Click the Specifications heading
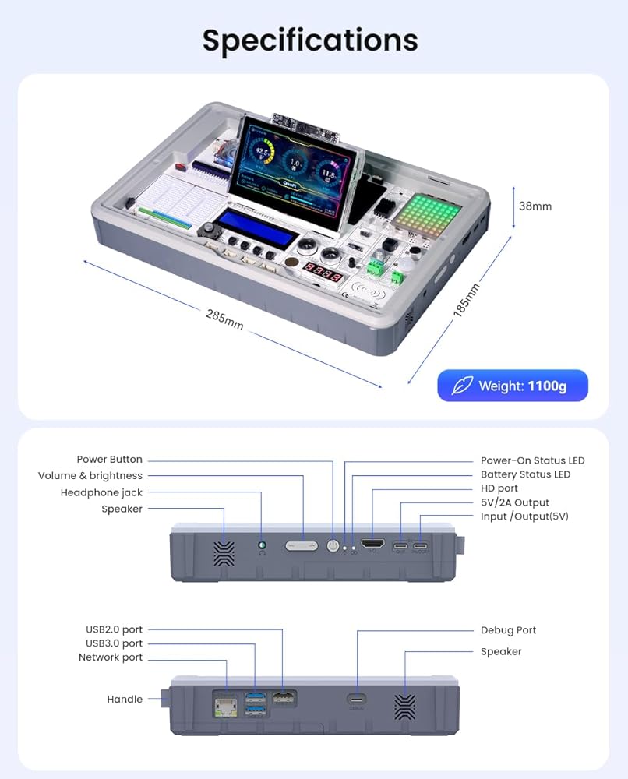[310, 40]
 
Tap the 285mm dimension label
[224, 319]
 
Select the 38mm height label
[535, 206]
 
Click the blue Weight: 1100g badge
[512, 386]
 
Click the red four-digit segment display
[323, 277]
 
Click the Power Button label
[109, 460]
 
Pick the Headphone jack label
[101, 492]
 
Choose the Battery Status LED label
[525, 474]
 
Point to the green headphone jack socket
[262, 546]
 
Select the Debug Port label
[508, 630]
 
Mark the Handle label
[125, 700]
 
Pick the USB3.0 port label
[114, 643]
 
